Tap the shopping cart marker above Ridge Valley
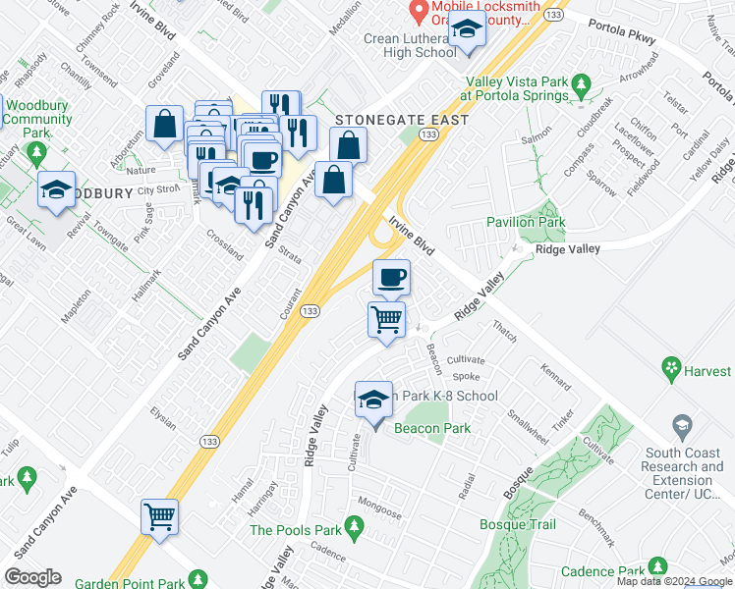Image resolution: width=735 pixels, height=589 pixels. tap(387, 318)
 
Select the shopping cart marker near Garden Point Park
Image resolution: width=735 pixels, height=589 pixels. tap(160, 515)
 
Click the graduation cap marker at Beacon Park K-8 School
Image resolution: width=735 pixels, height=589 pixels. tap(373, 400)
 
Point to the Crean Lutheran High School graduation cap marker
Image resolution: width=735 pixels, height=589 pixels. tap(467, 31)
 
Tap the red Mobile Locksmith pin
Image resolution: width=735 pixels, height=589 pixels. tap(420, 11)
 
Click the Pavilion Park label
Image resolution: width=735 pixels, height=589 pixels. tap(526, 223)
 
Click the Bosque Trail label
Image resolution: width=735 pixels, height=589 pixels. tap(518, 525)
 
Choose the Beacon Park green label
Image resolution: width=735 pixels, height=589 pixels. tap(432, 428)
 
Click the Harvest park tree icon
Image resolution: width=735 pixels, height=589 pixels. tap(672, 369)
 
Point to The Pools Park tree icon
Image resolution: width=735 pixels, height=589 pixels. tap(358, 531)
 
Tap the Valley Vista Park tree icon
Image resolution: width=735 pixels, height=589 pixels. tap(584, 82)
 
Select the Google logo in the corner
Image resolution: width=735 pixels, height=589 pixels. tap(32, 577)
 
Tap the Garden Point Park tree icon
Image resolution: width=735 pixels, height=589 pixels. tap(198, 579)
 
